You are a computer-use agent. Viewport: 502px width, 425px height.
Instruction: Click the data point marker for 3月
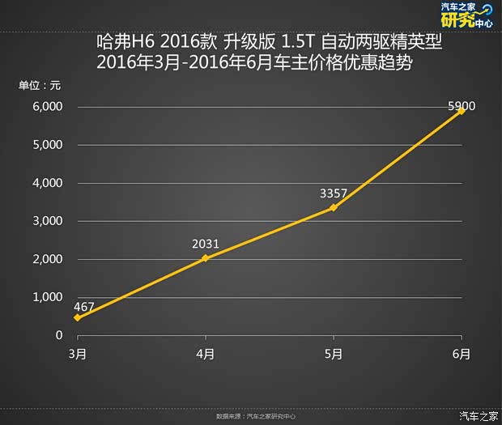77,317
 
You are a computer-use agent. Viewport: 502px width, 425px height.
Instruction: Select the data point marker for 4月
205,258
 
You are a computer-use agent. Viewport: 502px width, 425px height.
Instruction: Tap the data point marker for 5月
334,207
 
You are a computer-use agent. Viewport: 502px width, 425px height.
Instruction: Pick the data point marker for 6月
462,111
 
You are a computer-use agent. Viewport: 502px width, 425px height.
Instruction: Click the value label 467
83,307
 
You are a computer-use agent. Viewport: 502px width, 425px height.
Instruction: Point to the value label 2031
206,244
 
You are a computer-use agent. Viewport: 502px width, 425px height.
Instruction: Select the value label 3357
334,193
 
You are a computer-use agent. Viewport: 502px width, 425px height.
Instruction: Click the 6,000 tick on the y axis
48,107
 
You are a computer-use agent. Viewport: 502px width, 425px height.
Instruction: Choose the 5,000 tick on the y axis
48,145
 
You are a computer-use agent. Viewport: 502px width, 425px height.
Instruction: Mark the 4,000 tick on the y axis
48,183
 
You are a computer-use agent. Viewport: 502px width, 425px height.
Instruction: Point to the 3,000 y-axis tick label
48,221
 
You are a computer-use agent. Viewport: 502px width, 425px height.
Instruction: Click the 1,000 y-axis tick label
48,297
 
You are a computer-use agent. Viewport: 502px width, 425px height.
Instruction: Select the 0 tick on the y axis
59,335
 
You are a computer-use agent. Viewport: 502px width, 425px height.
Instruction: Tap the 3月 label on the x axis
77,354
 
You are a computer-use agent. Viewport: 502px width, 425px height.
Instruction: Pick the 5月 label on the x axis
334,354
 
